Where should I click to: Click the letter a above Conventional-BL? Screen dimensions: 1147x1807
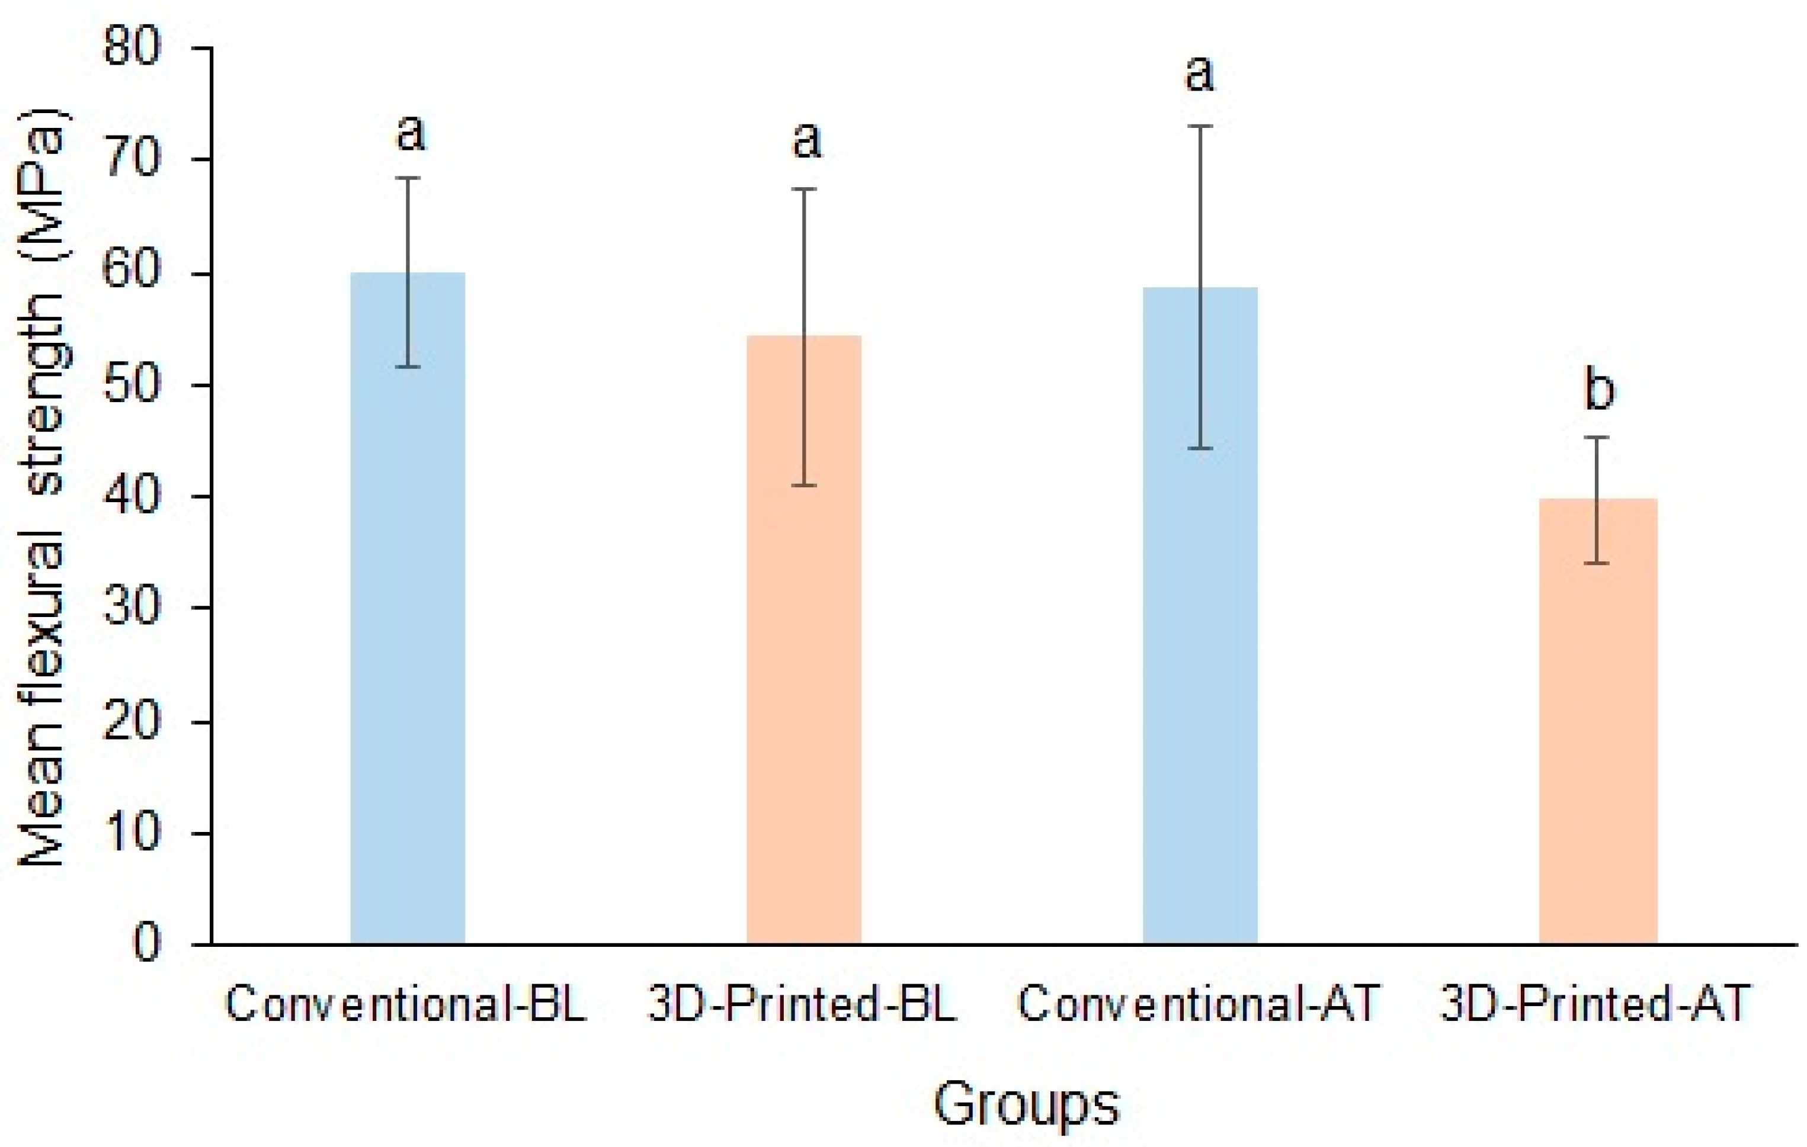pyautogui.click(x=411, y=133)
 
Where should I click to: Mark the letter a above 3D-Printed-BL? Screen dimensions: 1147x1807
pyautogui.click(x=807, y=140)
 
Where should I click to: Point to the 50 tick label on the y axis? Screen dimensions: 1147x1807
pyautogui.click(x=132, y=385)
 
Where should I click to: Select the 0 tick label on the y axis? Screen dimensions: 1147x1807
pyautogui.click(x=146, y=943)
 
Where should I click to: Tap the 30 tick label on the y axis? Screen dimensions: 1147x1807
pyautogui.click(x=132, y=607)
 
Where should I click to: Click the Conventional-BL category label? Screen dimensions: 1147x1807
pyautogui.click(x=405, y=1004)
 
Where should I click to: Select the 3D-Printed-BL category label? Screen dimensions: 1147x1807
pyautogui.click(x=802, y=1004)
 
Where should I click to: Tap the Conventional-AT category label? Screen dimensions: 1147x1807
pyautogui.click(x=1199, y=1004)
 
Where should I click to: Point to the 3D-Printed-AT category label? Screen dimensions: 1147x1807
pyautogui.click(x=1595, y=1004)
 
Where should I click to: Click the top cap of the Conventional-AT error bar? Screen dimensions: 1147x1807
pyautogui.click(x=1200, y=126)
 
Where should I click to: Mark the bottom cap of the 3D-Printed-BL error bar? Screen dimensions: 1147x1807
pyautogui.click(x=804, y=486)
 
